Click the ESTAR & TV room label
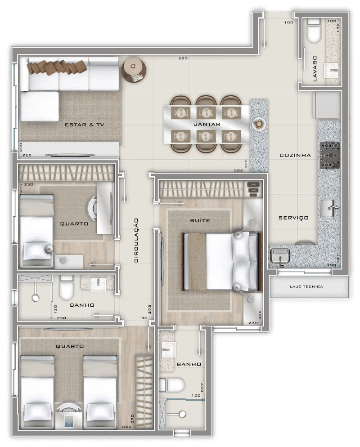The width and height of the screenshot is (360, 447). [x=84, y=125]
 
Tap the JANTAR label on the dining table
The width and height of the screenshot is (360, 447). [x=207, y=124]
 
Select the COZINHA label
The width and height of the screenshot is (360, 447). [x=295, y=155]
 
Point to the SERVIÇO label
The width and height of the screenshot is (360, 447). [x=293, y=218]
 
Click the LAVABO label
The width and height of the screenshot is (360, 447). [x=315, y=68]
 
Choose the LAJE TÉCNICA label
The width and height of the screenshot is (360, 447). [x=306, y=286]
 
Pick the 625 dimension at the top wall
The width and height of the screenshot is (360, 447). [x=183, y=58]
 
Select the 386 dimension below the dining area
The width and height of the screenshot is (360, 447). [x=238, y=170]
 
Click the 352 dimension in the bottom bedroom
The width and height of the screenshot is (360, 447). [x=126, y=427]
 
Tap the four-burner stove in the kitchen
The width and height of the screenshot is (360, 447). [x=330, y=155]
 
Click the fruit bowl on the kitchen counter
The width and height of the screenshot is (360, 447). [x=259, y=124]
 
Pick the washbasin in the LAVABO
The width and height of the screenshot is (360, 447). [x=331, y=71]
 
